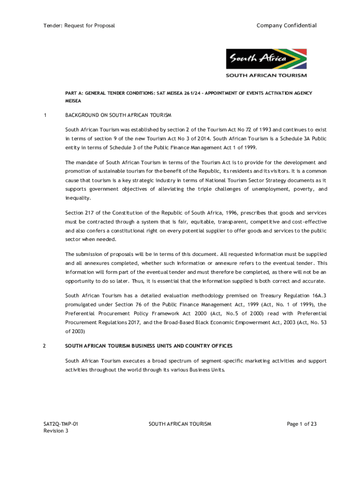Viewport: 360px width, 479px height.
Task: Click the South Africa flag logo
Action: [266, 59]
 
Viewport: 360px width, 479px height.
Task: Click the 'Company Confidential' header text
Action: [286, 25]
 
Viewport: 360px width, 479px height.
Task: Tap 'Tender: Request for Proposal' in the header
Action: [79, 25]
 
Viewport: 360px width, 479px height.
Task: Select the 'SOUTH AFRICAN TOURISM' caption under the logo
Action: [266, 75]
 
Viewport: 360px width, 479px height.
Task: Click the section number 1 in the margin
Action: [45, 115]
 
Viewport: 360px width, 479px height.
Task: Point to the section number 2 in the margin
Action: [44, 346]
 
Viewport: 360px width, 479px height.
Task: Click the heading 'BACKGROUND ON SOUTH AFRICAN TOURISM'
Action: [118, 115]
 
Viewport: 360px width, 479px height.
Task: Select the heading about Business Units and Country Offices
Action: [149, 346]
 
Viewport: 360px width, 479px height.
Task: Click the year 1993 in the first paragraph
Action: [265, 129]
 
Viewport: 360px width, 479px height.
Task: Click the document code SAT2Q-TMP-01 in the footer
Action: [61, 424]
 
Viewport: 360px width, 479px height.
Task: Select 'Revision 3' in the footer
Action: [56, 431]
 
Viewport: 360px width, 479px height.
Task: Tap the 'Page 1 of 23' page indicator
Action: [302, 424]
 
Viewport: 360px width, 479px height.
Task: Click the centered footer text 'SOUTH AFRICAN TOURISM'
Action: [180, 424]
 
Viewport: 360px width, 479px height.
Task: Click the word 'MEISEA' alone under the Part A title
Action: [73, 101]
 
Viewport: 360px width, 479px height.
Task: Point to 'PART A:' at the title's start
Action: [74, 93]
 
